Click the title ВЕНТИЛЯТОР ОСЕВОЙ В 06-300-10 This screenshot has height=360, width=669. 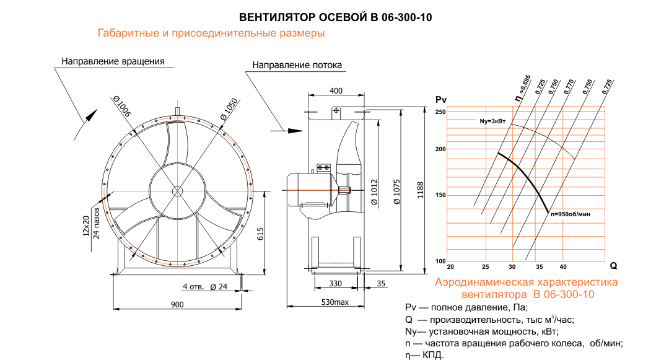335,17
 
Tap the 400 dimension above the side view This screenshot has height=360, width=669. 336,90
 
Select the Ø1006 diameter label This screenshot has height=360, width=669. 122,107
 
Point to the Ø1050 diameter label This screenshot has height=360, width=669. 229,108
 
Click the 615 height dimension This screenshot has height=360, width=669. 261,234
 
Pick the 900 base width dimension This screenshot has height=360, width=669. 178,304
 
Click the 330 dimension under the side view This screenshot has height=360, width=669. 335,283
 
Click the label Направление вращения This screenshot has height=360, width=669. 113,61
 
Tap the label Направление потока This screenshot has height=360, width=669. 297,65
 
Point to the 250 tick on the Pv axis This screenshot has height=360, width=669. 440,112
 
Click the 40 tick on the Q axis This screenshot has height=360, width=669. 563,267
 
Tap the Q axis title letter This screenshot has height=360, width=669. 614,266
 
